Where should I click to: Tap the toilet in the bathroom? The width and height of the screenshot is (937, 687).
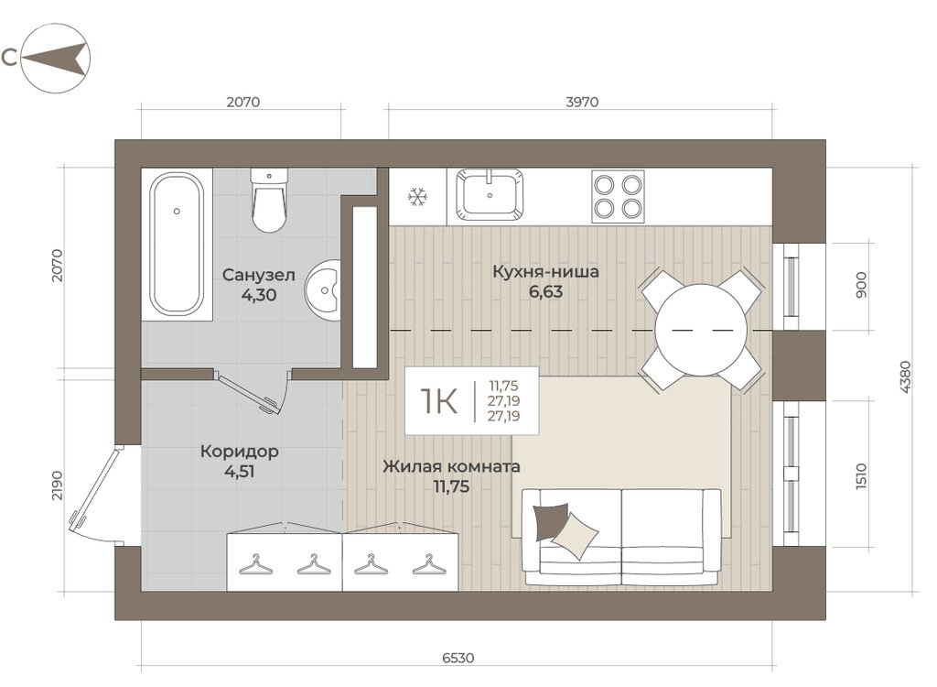[269, 200]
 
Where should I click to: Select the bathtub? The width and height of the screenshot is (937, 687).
[177, 244]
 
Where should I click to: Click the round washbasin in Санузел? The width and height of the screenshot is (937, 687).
[323, 290]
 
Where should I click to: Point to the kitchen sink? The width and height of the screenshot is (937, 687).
[490, 194]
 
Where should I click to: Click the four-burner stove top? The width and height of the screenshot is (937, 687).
[618, 196]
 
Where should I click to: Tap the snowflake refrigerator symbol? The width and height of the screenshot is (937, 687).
[417, 197]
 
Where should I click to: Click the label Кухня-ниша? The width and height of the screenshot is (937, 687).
[545, 272]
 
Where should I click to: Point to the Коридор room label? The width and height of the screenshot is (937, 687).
[240, 451]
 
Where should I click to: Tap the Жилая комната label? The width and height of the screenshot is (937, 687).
[451, 466]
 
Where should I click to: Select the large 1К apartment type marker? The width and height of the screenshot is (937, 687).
[439, 400]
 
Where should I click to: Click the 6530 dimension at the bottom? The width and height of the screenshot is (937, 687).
[458, 658]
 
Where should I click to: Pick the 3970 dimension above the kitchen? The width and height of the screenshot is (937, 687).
[582, 102]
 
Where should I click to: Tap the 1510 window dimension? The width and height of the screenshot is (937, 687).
[861, 476]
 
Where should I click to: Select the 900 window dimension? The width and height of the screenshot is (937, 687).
[861, 286]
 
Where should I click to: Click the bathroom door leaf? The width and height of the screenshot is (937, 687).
[249, 394]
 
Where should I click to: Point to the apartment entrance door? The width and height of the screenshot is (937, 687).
[94, 487]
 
